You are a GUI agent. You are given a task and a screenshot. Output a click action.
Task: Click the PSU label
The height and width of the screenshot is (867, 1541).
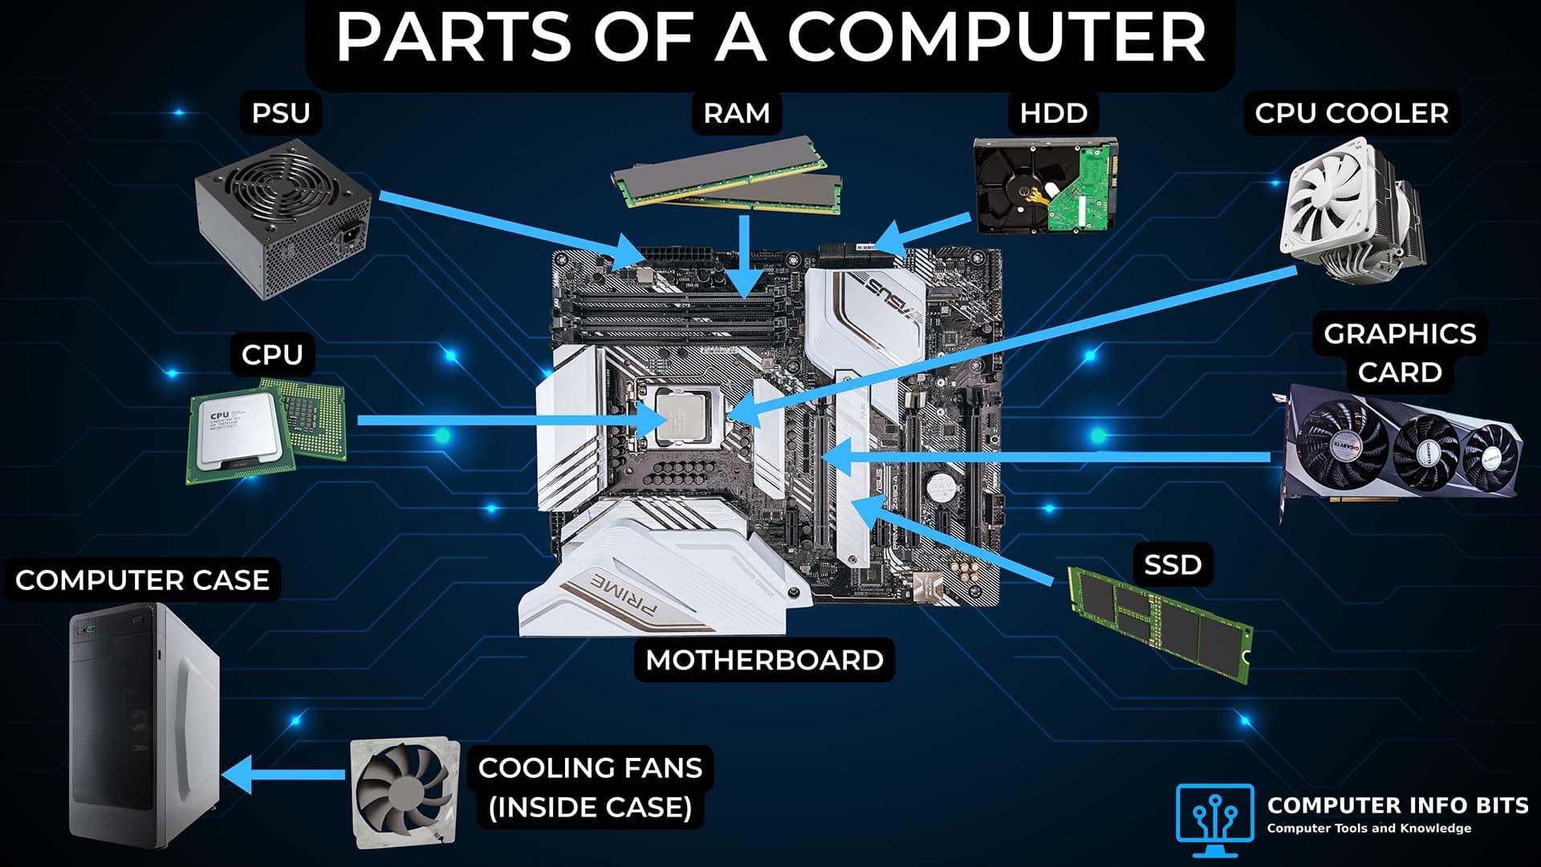(280, 113)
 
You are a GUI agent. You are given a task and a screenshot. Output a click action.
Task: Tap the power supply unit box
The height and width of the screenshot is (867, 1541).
(283, 218)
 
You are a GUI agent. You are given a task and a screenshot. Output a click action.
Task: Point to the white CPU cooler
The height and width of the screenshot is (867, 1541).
(1348, 212)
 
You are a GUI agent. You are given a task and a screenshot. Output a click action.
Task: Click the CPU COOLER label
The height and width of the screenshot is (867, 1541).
(1352, 113)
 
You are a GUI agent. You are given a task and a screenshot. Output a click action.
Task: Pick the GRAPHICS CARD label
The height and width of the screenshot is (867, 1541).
(1399, 353)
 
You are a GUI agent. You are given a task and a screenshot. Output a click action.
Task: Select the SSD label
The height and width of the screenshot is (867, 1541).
(1172, 564)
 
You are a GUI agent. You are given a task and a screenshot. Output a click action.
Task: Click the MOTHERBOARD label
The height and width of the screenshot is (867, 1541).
(764, 660)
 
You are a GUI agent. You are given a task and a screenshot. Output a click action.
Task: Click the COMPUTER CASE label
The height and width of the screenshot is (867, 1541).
(142, 580)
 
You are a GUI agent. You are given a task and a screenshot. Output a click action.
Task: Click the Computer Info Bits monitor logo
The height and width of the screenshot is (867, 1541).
(1214, 812)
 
